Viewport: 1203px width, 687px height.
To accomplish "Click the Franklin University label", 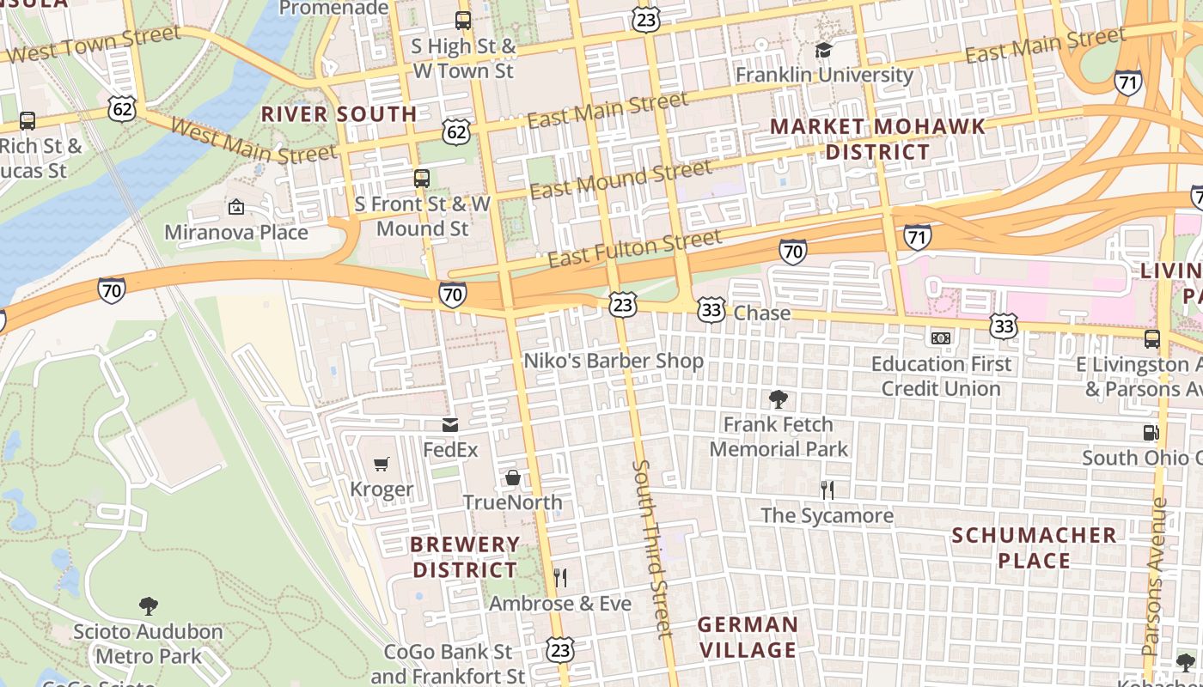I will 824,75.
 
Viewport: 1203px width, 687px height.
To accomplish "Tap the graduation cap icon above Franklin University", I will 824,50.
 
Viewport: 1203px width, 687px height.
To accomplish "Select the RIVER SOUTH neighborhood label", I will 339,114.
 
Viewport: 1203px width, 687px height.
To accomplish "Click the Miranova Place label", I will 236,233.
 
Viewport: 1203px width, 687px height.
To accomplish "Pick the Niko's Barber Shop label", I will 614,361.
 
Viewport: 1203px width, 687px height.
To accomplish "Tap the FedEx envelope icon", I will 450,425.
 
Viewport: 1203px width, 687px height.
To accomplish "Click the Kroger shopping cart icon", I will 382,465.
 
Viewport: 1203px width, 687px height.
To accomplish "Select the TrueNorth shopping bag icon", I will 513,477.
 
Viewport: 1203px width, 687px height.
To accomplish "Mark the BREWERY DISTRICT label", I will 465,557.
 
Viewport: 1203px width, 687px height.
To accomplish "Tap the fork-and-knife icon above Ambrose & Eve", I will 560,577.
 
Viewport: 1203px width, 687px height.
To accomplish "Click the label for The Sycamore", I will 827,515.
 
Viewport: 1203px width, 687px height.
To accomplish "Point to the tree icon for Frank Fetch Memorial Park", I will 779,399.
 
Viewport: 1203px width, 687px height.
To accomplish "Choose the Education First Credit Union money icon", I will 941,338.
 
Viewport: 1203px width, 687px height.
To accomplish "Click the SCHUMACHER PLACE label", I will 1035,548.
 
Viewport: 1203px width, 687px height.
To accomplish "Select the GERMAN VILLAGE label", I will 748,637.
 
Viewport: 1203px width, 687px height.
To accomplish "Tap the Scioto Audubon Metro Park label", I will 148,644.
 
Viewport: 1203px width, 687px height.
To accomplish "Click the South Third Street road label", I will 651,550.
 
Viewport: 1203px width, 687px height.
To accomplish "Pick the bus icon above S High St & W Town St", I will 463,21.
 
